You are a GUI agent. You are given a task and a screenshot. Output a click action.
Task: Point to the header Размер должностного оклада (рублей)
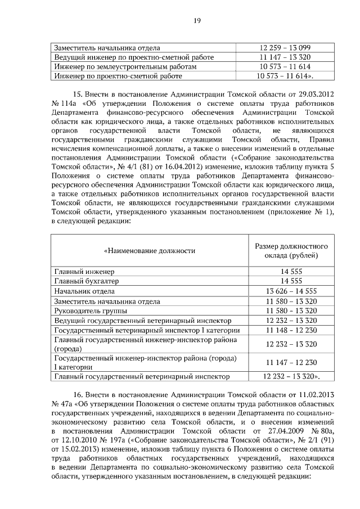click(x=291, y=251)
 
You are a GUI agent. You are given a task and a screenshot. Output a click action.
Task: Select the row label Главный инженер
click(x=84, y=272)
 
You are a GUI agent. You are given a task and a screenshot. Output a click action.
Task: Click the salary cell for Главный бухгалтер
click(x=291, y=281)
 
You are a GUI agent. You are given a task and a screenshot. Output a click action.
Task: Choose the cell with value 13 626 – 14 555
click(x=291, y=291)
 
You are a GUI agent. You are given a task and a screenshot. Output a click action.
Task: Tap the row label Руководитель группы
click(x=90, y=311)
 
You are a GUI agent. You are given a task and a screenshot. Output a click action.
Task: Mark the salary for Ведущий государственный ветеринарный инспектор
click(x=291, y=321)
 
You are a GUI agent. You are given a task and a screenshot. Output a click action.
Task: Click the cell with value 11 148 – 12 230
click(x=291, y=330)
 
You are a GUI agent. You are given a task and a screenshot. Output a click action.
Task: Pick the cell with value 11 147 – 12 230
click(x=291, y=363)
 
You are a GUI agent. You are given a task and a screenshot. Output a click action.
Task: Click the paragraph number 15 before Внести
click(x=78, y=94)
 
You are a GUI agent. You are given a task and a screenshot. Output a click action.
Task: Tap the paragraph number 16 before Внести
click(x=78, y=395)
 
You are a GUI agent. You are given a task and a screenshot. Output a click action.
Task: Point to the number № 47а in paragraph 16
click(x=60, y=404)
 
